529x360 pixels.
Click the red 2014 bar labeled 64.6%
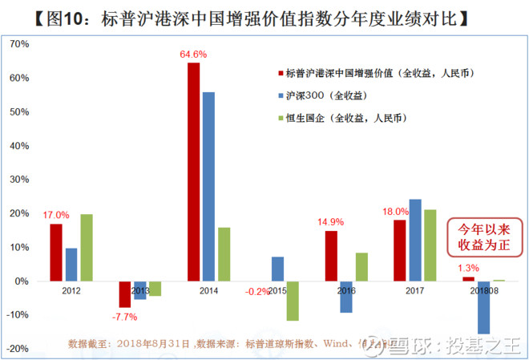point(193,172)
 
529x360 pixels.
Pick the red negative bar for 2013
point(124,294)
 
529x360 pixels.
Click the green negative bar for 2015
point(293,301)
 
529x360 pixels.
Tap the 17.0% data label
point(55,215)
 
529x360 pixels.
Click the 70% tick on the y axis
point(18,45)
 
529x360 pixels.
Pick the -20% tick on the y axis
point(16,349)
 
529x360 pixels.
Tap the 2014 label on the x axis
point(208,291)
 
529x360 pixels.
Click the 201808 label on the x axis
point(483,291)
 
